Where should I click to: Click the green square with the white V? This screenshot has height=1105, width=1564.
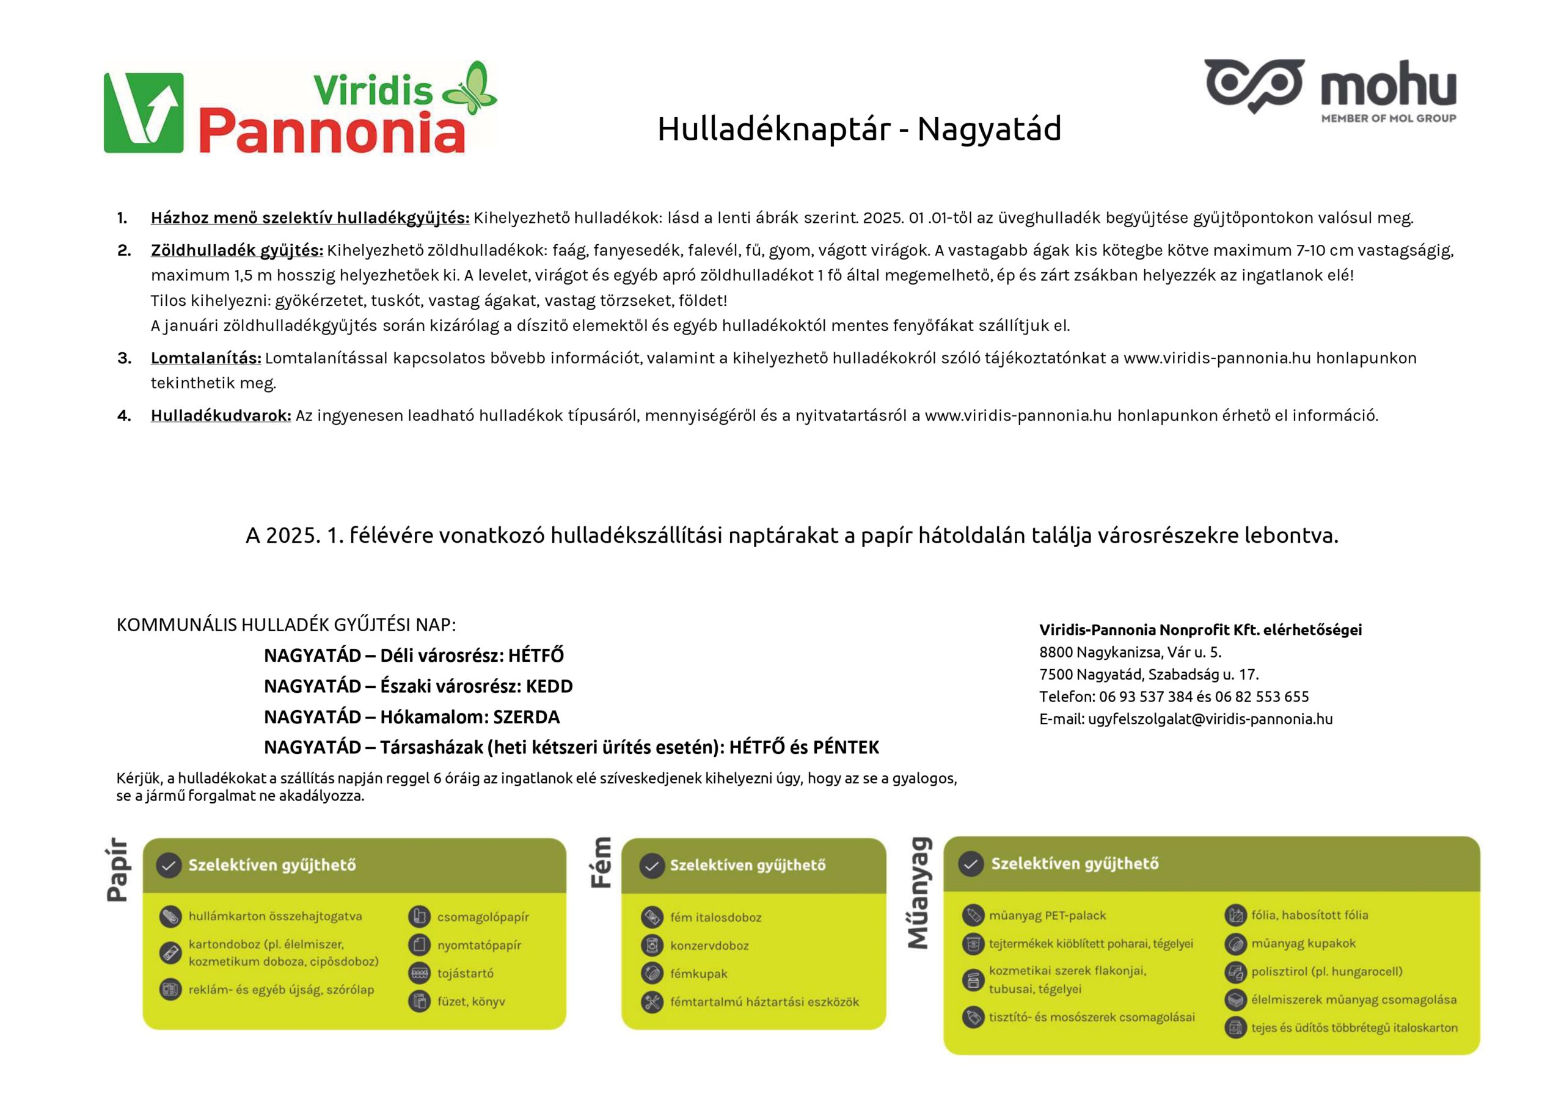[x=144, y=112]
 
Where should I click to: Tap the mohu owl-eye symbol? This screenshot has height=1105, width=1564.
[x=1254, y=85]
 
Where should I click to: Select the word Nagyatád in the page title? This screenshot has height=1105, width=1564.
[x=989, y=129]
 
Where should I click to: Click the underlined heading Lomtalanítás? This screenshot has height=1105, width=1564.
[x=206, y=358]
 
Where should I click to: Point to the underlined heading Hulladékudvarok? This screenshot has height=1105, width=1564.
[x=221, y=415]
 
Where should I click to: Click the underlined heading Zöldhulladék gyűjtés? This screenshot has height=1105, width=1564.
[x=237, y=250]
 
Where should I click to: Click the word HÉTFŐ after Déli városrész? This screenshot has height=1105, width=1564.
[x=536, y=656]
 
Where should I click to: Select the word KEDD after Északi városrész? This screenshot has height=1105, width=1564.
[x=549, y=686]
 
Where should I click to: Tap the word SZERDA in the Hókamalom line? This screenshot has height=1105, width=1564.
[x=526, y=717]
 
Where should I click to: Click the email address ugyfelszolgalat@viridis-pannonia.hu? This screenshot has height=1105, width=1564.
[x=1210, y=719]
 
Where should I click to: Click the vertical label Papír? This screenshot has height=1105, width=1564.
[x=117, y=869]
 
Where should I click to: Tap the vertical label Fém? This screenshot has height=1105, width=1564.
[x=600, y=863]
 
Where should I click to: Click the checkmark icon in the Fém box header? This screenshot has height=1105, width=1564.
[x=652, y=866]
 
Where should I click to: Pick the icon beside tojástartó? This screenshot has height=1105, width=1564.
[x=420, y=973]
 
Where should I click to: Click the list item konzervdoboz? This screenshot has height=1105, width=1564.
[x=709, y=946]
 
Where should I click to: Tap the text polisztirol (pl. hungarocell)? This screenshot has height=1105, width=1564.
[x=1326, y=971]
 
